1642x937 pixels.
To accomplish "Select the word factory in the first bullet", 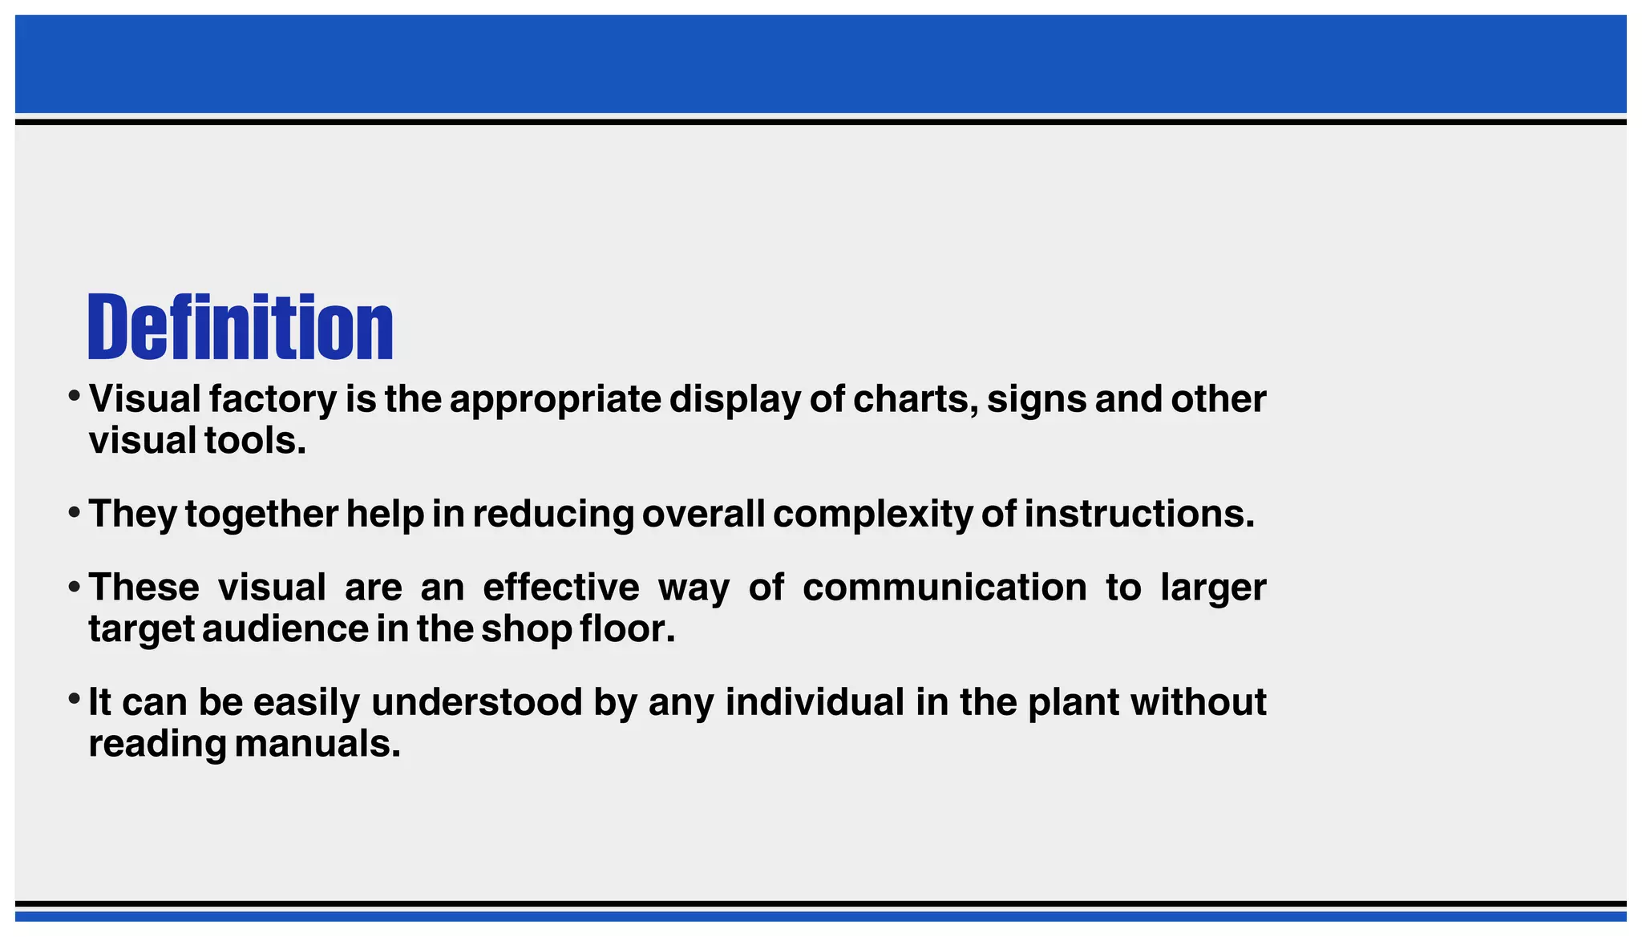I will tap(273, 399).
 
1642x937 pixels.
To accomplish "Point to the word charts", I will tap(915, 399).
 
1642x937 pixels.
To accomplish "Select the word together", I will tap(261, 514).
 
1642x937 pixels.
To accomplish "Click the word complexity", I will tap(872, 514).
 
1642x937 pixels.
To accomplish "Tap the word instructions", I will tap(1138, 514).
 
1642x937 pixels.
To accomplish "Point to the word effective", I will tap(560, 588).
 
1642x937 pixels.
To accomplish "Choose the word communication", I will tap(944, 588).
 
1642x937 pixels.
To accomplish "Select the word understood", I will tap(476, 702).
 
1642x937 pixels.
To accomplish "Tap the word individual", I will tap(815, 702).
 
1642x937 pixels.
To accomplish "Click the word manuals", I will tap(317, 744).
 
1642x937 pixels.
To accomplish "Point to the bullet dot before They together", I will tap(74, 511).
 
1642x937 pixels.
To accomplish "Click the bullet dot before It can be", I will tap(74, 699).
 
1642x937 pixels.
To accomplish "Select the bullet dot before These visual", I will tap(74, 585).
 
